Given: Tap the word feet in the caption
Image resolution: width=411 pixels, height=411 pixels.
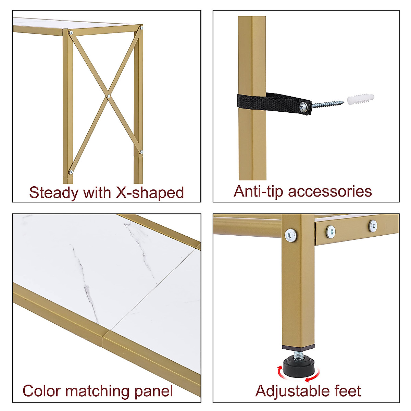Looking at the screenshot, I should tap(347, 391).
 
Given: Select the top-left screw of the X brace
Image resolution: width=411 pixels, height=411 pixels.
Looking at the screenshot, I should tap(71, 33).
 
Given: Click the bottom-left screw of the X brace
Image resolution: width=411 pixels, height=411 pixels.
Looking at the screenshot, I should tap(71, 172).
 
